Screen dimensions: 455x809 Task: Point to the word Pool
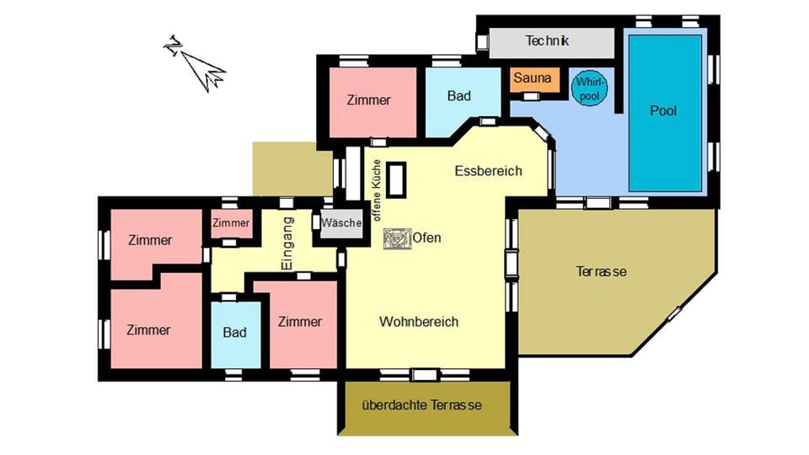(663, 110)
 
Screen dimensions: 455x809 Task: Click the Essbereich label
(488, 171)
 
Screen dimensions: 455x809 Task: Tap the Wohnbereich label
(418, 322)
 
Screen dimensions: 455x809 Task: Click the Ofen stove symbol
(394, 238)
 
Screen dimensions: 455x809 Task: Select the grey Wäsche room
(341, 224)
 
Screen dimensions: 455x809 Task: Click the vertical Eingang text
(287, 244)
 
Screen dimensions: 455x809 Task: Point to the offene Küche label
(377, 190)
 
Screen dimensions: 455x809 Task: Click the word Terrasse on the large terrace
(601, 271)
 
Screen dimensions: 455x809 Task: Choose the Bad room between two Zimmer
(234, 333)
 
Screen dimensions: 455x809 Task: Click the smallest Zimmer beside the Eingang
(230, 223)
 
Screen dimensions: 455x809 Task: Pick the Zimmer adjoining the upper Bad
(368, 100)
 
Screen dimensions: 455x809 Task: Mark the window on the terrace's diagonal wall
(675, 313)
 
